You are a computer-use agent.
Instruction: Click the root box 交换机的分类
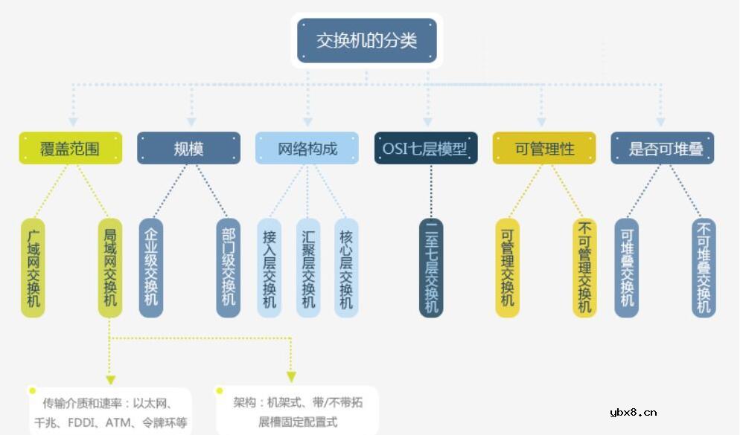point(366,40)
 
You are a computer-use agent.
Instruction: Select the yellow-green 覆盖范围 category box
point(70,148)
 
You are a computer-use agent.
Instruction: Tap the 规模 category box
point(188,148)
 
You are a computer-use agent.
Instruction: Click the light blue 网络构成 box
point(307,148)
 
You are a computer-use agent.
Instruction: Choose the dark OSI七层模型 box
point(425,148)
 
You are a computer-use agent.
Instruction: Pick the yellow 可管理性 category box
point(544,148)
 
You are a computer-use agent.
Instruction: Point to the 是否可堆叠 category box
point(662,148)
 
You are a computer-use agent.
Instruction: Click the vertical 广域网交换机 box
point(33,268)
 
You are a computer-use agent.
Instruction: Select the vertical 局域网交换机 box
point(109,268)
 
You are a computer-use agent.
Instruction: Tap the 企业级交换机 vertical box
point(151,268)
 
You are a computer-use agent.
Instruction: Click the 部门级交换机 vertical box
point(228,268)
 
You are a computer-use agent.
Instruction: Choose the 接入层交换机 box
point(269,268)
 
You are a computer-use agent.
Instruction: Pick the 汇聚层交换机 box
point(308,268)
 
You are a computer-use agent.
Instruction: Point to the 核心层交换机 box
point(346,268)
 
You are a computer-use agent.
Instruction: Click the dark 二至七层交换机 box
point(431,268)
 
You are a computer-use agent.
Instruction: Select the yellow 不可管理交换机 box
point(584,268)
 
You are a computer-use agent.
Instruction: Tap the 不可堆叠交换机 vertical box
point(704,268)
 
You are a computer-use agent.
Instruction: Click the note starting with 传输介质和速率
point(110,413)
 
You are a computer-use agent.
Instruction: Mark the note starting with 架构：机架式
point(298,411)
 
